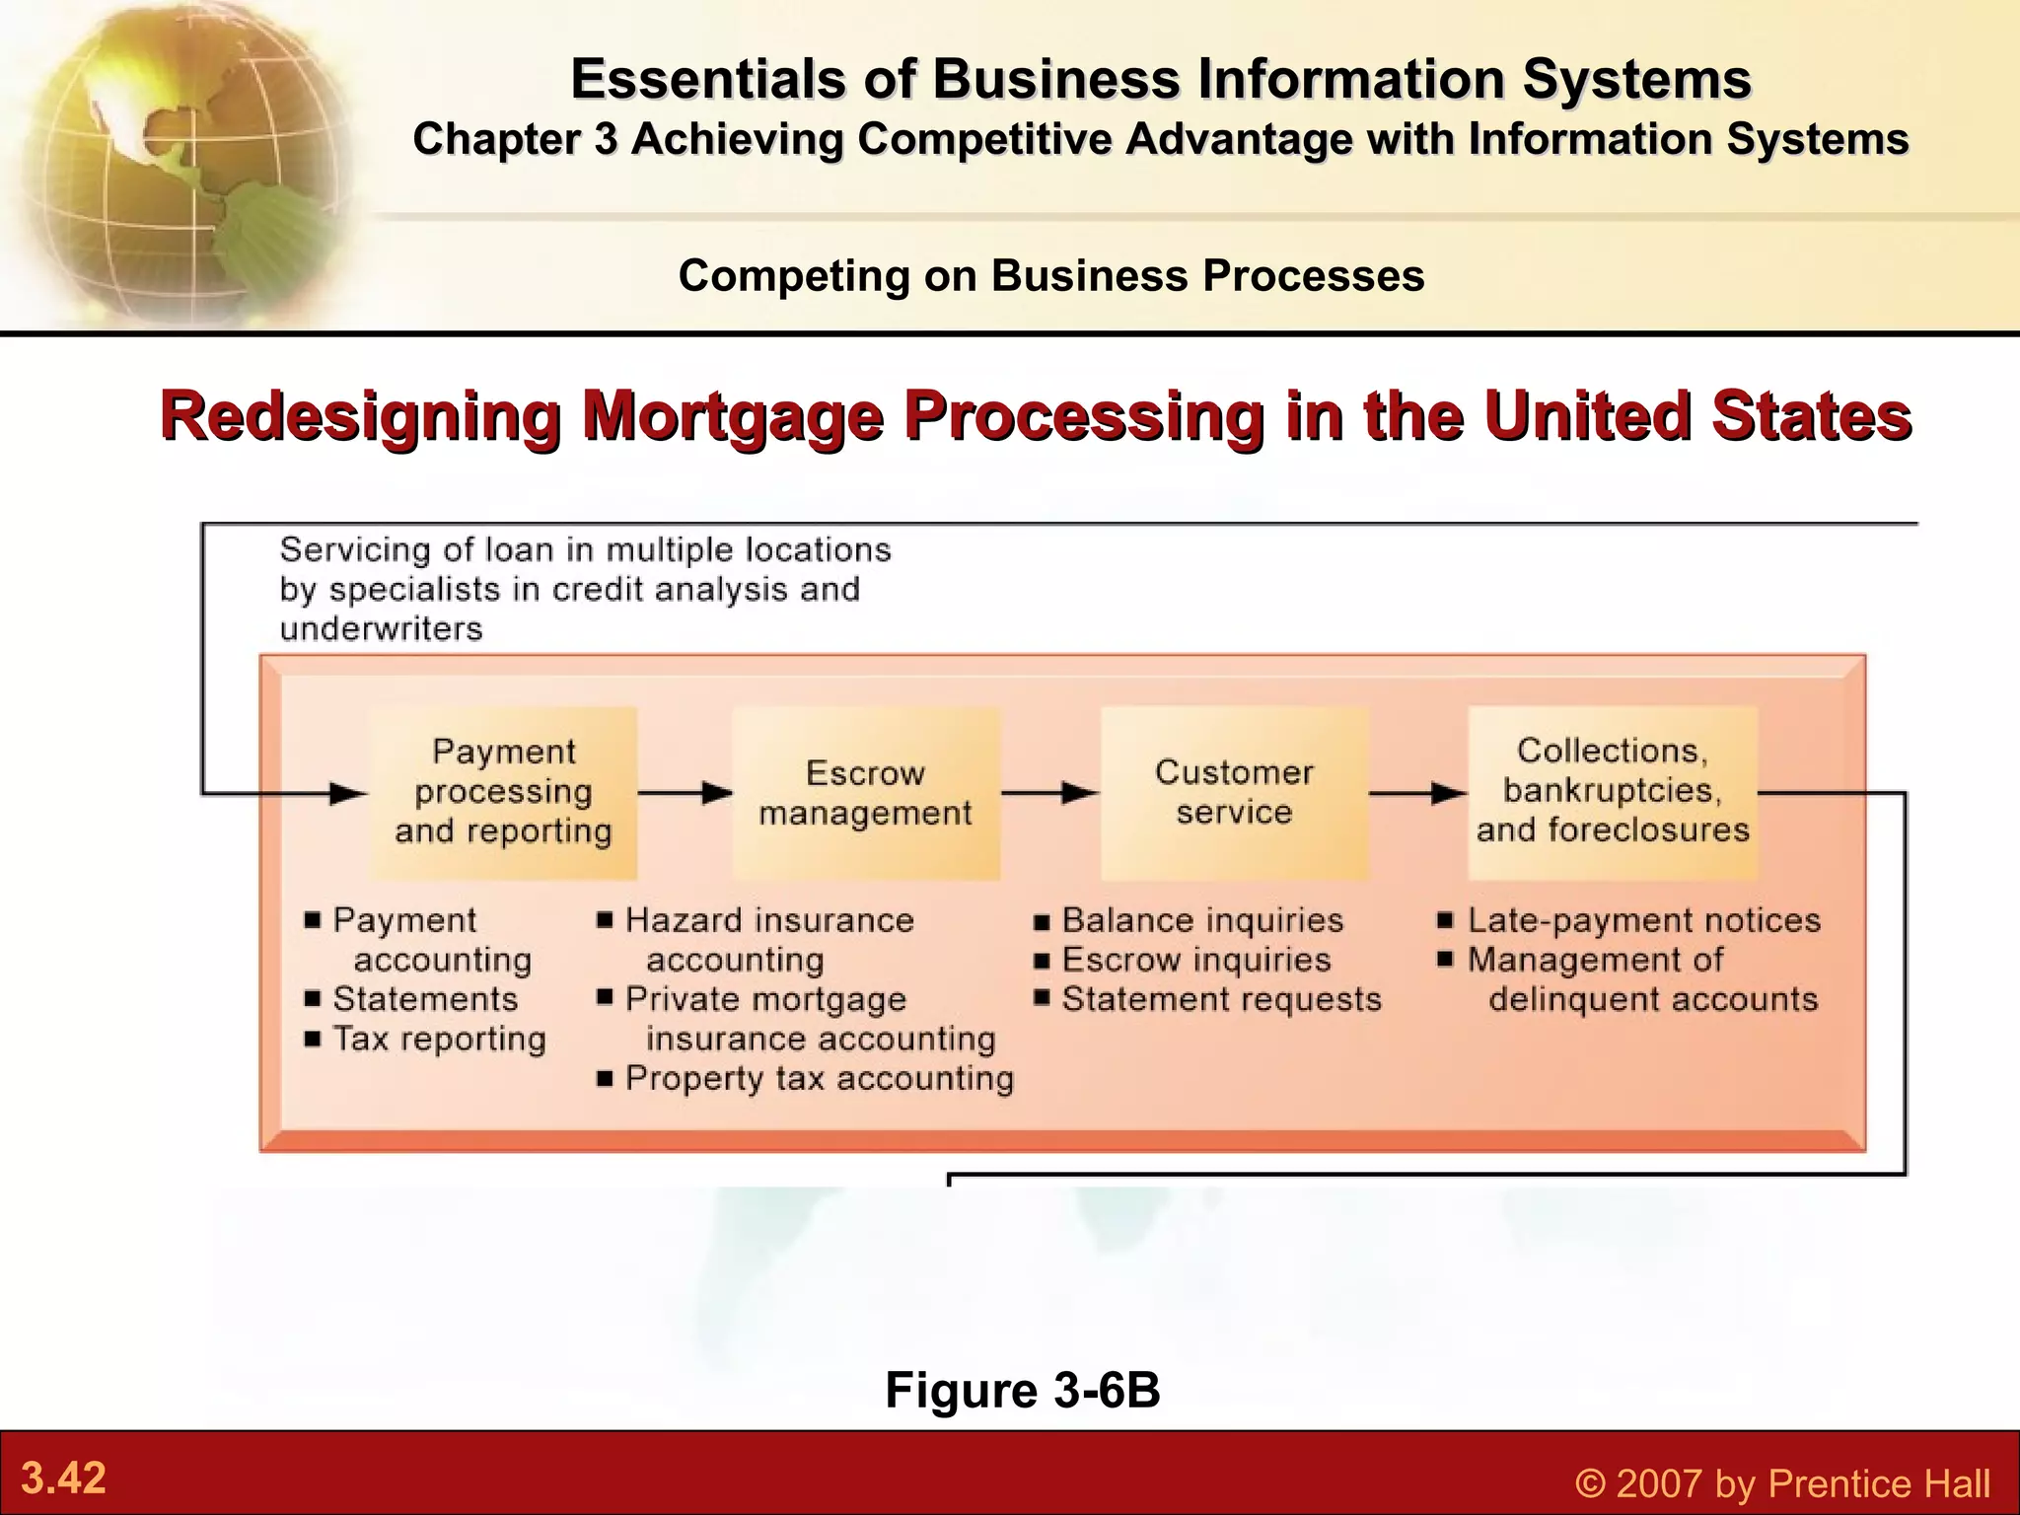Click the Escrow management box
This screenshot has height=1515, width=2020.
click(x=865, y=793)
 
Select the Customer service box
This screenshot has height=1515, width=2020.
click(x=1234, y=793)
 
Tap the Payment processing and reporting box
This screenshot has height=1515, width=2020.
click(x=503, y=793)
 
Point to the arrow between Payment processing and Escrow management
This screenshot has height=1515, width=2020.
click(x=685, y=793)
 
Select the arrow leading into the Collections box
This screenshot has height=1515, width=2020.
click(x=1417, y=793)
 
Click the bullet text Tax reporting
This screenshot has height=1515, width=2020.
click(x=439, y=1039)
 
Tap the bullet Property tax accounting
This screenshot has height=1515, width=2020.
click(x=819, y=1078)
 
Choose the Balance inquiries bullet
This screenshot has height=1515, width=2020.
click(x=1201, y=920)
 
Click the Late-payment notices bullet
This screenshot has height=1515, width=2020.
click(x=1643, y=920)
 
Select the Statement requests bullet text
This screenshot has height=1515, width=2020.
click(x=1221, y=999)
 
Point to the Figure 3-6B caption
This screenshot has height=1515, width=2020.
click(x=1022, y=1390)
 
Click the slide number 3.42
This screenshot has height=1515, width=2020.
click(x=63, y=1479)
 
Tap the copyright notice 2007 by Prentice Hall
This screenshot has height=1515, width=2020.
click(x=1781, y=1483)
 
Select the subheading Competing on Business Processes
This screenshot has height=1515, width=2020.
click(x=1051, y=276)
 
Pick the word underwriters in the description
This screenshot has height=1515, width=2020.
click(x=381, y=629)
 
